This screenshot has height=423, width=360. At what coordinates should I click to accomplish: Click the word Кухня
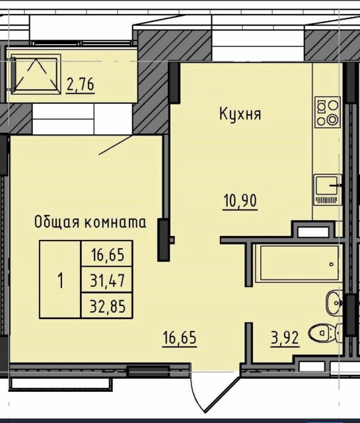point(240,114)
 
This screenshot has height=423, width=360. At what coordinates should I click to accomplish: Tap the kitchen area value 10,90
point(239,199)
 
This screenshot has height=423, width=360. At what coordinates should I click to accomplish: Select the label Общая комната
point(90,223)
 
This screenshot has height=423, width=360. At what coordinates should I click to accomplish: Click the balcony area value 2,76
point(80,84)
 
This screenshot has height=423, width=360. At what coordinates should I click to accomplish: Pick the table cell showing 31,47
point(107,280)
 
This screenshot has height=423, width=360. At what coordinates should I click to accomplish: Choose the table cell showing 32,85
point(107,305)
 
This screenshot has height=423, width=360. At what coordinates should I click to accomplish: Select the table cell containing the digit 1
point(60,280)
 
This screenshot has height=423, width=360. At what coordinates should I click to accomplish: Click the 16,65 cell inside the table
point(107,254)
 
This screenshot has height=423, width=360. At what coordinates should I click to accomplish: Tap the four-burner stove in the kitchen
point(327,112)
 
